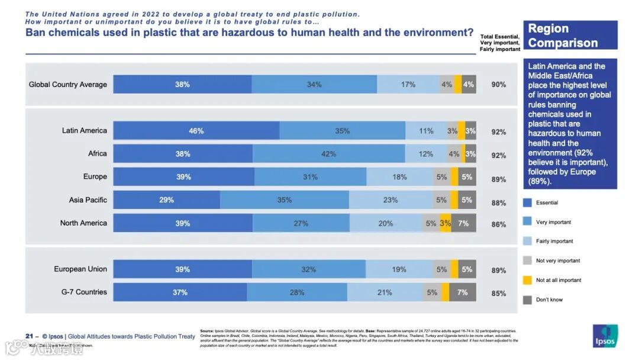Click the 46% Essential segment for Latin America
(x=196, y=131)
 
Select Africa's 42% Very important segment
(x=329, y=154)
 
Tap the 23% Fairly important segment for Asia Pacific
(x=390, y=200)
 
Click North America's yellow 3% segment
(x=446, y=223)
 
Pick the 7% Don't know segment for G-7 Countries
(x=463, y=292)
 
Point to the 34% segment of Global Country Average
(x=314, y=85)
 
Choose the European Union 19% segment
(x=399, y=269)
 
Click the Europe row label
(x=95, y=176)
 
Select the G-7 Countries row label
(x=84, y=292)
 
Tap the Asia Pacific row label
(x=88, y=200)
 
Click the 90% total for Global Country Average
(x=499, y=85)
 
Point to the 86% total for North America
(x=499, y=224)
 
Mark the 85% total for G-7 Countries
(x=499, y=293)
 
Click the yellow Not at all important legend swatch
(x=527, y=280)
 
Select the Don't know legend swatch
(x=527, y=300)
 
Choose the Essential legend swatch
(x=527, y=203)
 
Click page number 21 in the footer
(x=29, y=336)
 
